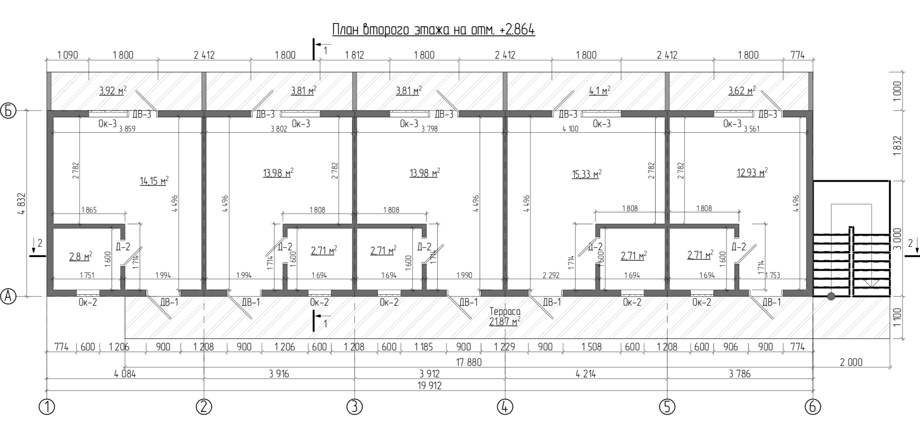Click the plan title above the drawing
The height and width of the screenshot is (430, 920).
433,30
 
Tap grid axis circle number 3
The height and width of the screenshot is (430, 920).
354,407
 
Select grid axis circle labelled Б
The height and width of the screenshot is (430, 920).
8,111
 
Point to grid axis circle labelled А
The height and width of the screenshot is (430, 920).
8,296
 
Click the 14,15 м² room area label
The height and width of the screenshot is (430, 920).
154,181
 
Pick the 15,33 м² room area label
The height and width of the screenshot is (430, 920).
587,174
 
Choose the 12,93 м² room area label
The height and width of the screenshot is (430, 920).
752,172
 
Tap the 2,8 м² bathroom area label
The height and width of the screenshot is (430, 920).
81,256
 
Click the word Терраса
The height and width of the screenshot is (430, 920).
505,311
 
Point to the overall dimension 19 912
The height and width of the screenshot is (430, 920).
429,385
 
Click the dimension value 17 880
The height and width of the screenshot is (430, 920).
469,362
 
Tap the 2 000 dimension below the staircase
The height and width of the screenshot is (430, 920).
851,362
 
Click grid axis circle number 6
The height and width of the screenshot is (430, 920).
813,407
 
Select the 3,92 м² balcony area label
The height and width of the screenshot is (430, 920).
113,91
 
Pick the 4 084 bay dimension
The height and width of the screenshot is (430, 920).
125,373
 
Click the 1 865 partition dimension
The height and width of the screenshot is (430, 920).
89,210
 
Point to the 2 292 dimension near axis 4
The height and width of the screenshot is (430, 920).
551,275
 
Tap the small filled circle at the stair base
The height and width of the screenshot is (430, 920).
831,296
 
